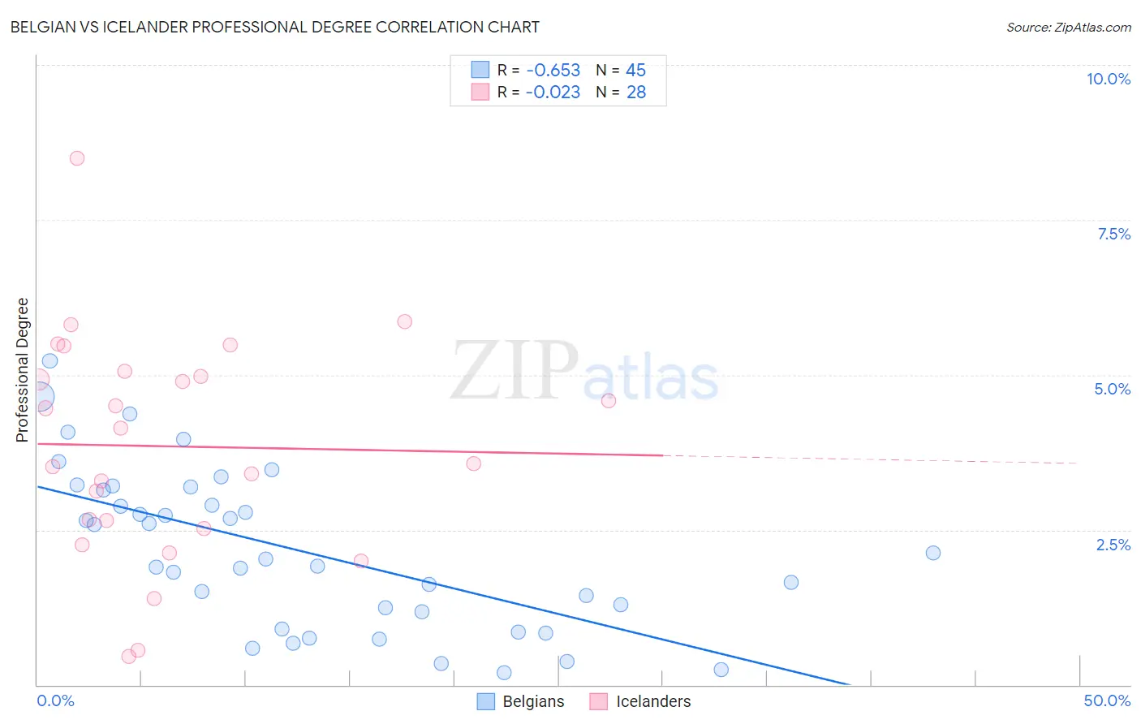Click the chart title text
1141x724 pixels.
274,27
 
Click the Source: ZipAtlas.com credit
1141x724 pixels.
1068,27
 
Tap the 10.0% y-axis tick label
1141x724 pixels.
1108,79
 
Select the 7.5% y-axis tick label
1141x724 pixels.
1113,234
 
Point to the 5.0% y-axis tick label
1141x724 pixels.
1112,389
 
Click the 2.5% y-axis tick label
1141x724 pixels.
1113,545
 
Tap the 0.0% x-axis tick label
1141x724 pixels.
55,700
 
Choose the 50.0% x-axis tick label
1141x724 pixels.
1106,700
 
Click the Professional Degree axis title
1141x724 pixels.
22,369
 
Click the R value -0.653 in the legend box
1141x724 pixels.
553,71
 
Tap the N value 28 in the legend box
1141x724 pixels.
636,93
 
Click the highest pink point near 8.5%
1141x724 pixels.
77,158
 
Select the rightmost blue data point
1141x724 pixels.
933,553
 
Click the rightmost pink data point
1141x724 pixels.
609,400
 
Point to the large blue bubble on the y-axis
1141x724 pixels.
39,398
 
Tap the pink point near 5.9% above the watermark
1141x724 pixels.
405,321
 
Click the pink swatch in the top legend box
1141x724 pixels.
480,93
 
